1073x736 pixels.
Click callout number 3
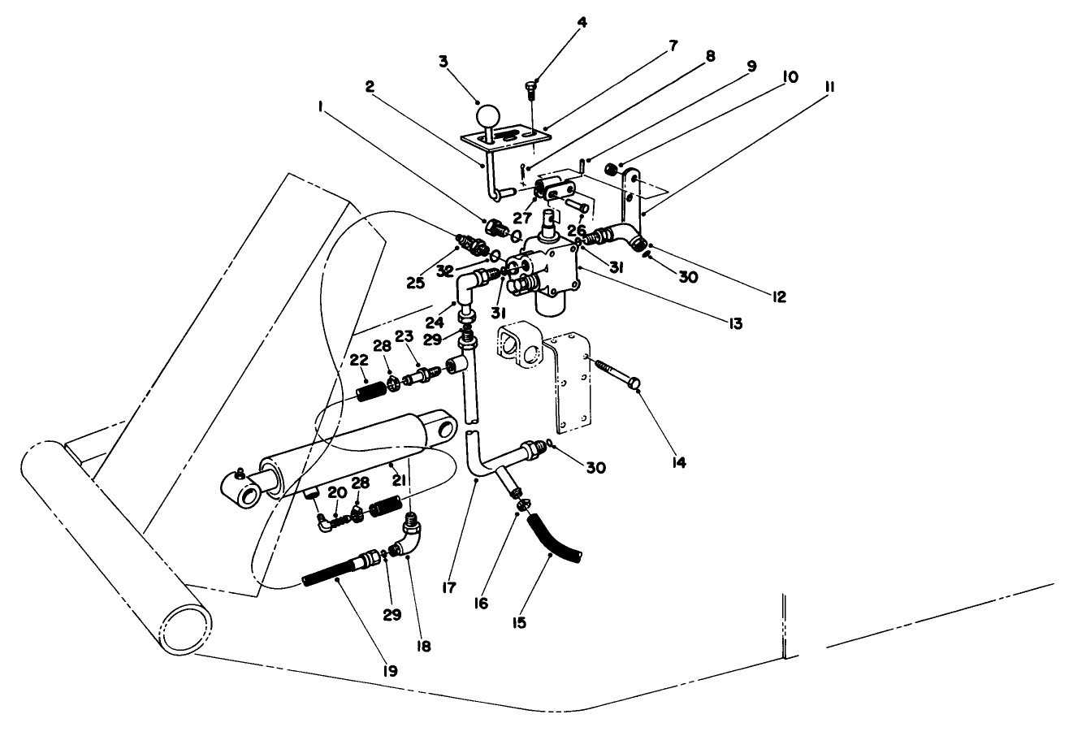pyautogui.click(x=443, y=61)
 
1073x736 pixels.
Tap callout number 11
pyautogui.click(x=829, y=86)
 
